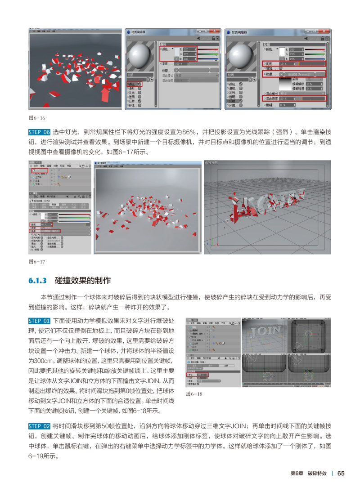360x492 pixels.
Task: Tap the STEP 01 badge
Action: (x=39, y=321)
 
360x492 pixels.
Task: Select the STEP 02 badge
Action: (x=39, y=426)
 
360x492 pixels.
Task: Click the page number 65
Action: (x=341, y=473)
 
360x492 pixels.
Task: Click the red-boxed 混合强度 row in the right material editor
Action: (x=294, y=98)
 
